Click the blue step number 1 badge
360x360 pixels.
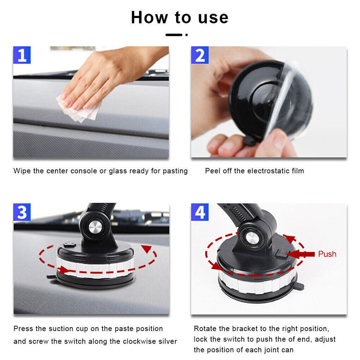[x=22, y=55]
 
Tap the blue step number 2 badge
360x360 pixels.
[x=200, y=55]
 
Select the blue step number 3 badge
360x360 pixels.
[x=22, y=212]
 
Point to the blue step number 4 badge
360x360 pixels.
[x=200, y=212]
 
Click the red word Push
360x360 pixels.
[x=327, y=254]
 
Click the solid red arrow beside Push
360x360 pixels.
[x=301, y=254]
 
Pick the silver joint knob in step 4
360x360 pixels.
[x=252, y=238]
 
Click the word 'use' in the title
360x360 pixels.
[x=213, y=18]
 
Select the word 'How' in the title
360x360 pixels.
[x=149, y=17]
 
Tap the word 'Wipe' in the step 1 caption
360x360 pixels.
[x=22, y=171]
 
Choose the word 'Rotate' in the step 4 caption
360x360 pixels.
[x=205, y=329]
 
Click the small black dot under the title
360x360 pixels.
[x=186, y=35]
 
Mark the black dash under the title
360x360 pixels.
[x=174, y=35]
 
